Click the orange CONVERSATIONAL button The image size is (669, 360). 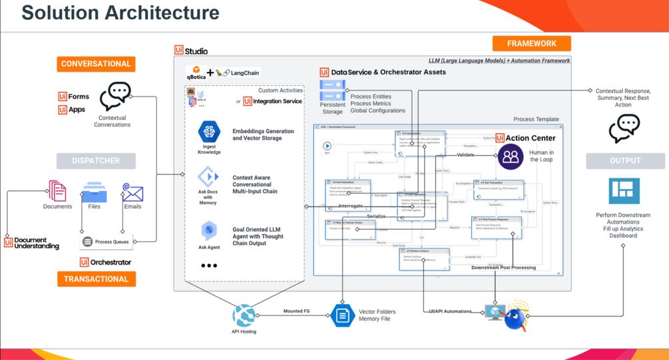tap(96, 64)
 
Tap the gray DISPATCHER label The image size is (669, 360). tap(96, 160)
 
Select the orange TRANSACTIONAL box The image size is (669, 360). tap(96, 279)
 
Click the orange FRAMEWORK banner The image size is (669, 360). tap(531, 43)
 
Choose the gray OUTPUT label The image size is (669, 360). tap(625, 160)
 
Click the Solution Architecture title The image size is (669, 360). tap(120, 13)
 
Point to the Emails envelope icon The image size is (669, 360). tap(132, 193)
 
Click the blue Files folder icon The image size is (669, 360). tap(94, 192)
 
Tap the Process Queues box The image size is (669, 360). tap(106, 242)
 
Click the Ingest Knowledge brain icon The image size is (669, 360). tap(209, 132)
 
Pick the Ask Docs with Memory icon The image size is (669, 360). tap(208, 177)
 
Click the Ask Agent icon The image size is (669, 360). tap(209, 230)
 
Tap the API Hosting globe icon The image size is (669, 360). tap(244, 315)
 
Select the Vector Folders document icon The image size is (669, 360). tap(342, 315)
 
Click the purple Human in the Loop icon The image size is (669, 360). tap(511, 157)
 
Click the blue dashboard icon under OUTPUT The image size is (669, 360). tap(624, 191)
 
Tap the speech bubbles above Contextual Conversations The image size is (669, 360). tap(115, 97)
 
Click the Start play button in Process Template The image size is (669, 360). tap(327, 146)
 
